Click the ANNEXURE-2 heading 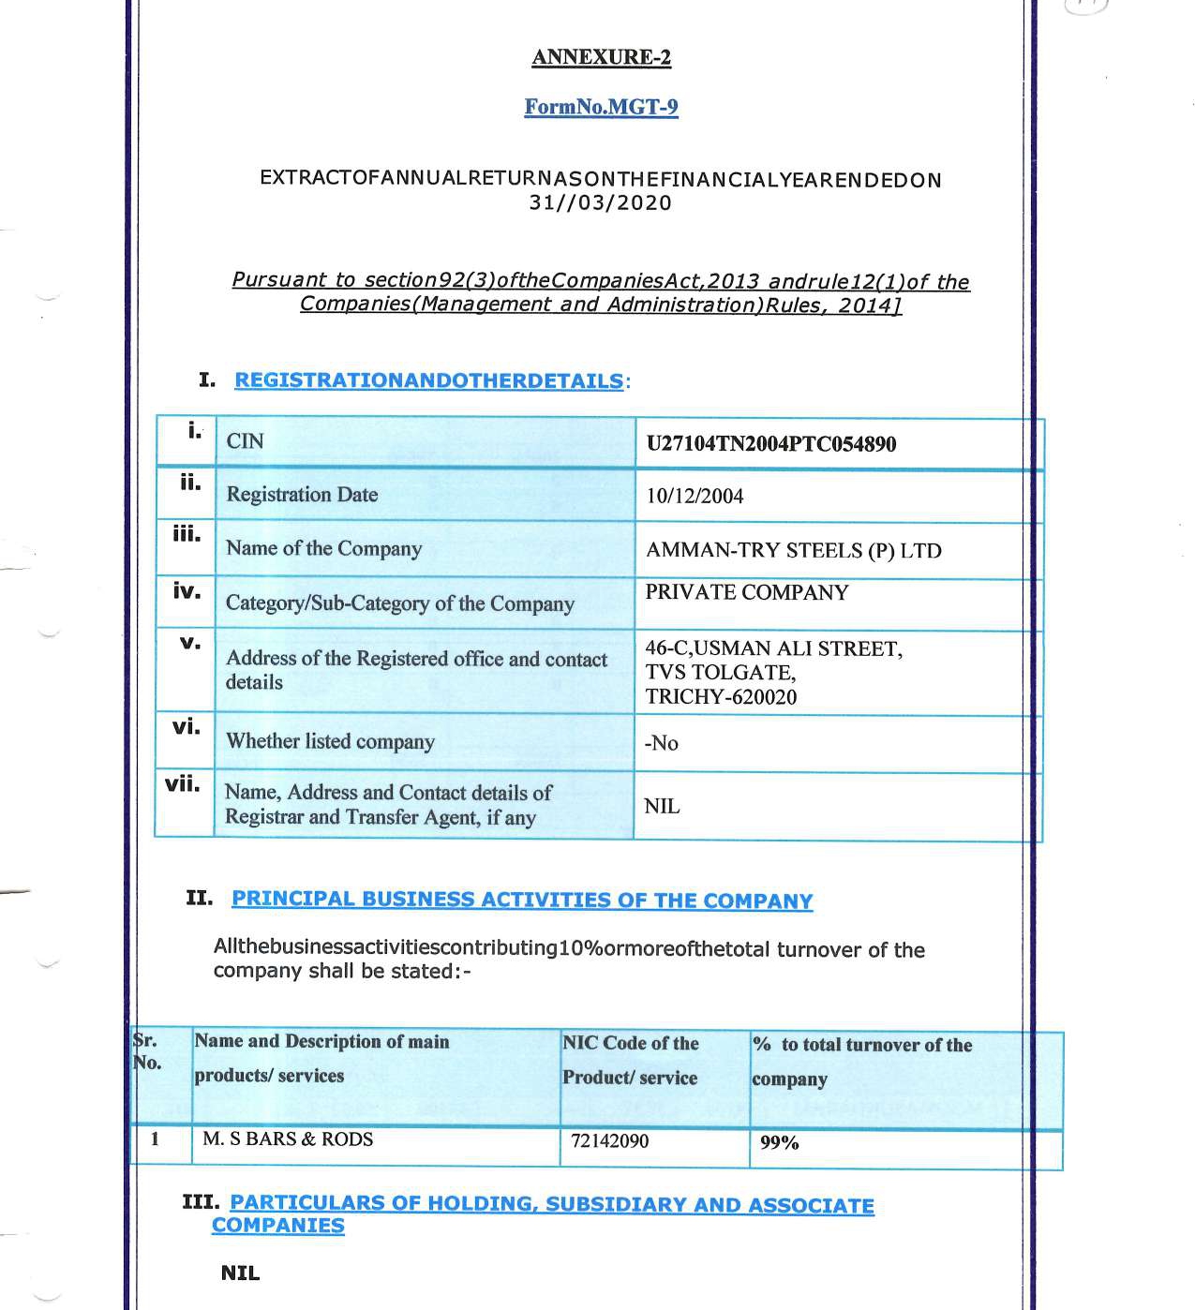pos(601,57)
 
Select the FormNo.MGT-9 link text pos(601,107)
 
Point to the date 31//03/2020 pos(601,203)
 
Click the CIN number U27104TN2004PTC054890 pos(770,444)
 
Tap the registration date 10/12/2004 pos(695,497)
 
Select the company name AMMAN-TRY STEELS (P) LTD pos(793,551)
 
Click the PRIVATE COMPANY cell pos(746,593)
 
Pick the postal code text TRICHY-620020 pos(720,697)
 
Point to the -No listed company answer pos(661,743)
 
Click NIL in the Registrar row pos(662,807)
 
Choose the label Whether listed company pos(330,741)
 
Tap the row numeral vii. pos(183,784)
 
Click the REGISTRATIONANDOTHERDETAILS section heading pos(428,381)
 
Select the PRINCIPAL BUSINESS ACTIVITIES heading pos(522,900)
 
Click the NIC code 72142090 pos(609,1141)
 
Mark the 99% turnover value pos(779,1142)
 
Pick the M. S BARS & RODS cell pos(288,1139)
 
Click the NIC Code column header pos(631,1060)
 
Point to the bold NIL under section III pos(240,1273)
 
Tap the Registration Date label pos(302,495)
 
